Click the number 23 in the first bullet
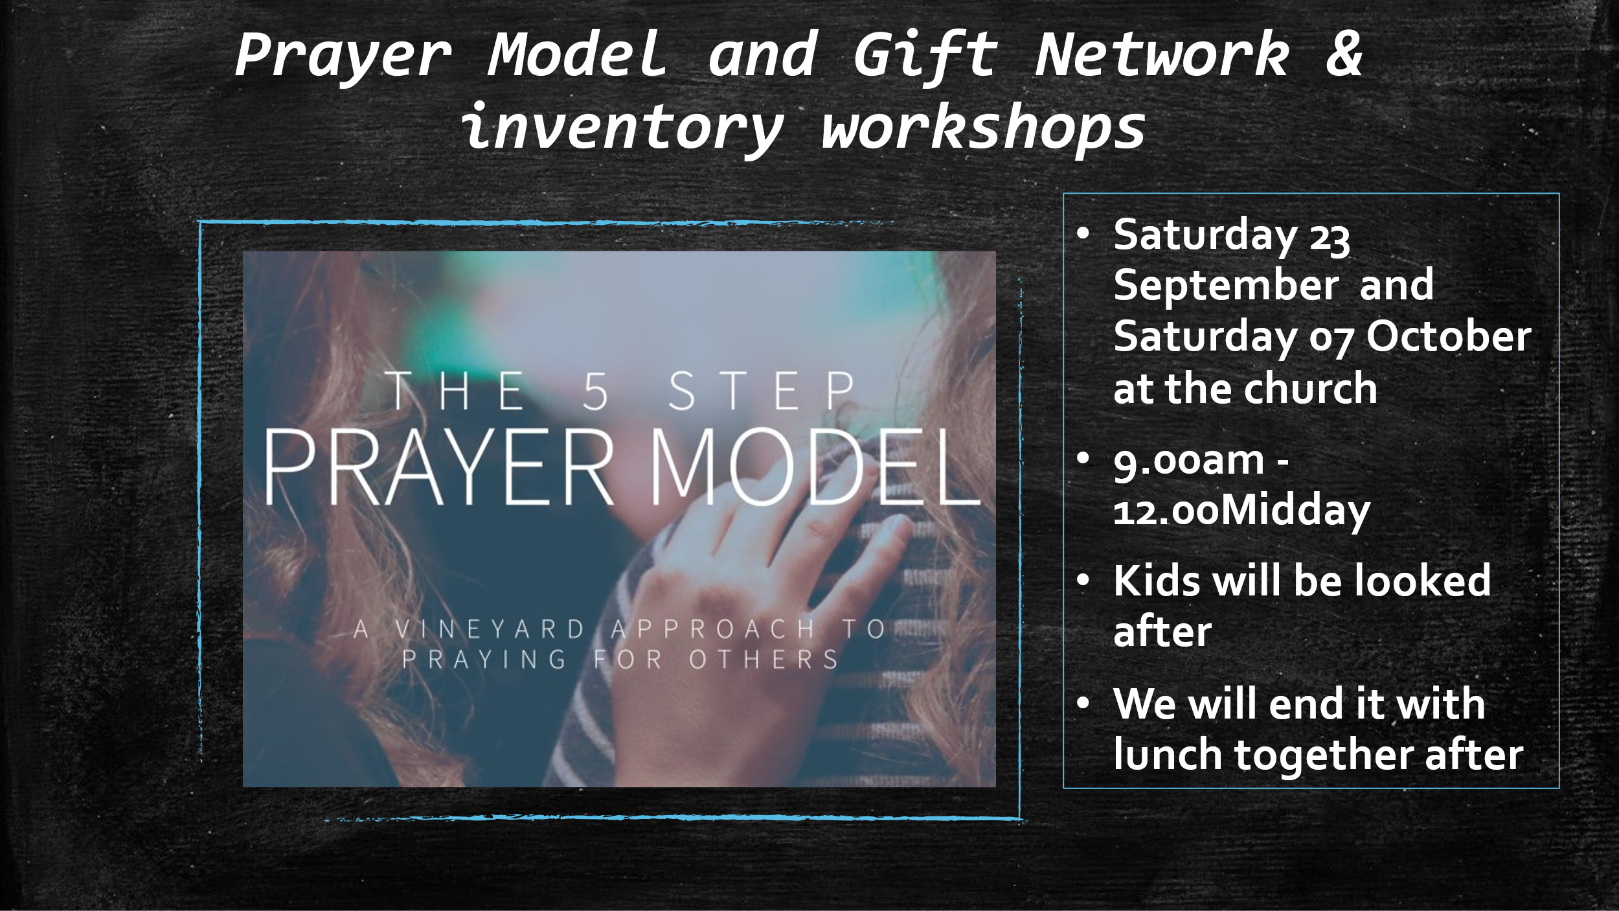coord(1330,238)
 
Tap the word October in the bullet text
coord(1449,336)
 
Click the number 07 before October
coord(1331,340)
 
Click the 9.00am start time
coord(1188,461)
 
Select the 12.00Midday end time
coord(1241,511)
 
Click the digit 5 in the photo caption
coord(595,391)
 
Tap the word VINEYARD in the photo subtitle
coord(490,629)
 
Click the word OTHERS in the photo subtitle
coord(764,660)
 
